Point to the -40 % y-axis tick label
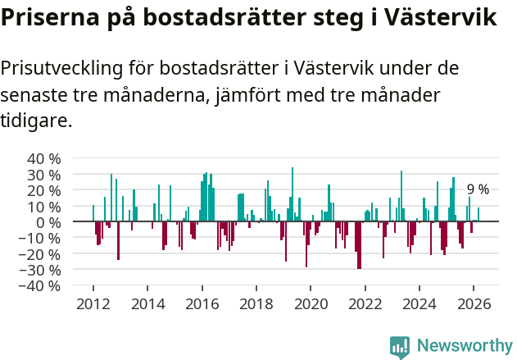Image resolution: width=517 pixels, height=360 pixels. coord(40,285)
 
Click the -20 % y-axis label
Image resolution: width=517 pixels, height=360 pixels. coord(40,254)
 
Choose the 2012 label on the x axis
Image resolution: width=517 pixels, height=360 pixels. coord(93,303)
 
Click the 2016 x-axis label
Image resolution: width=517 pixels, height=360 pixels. coord(202,303)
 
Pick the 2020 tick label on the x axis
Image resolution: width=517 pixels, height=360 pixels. coord(311,303)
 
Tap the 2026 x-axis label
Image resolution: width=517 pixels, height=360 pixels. coord(474,303)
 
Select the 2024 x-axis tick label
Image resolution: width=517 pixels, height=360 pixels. coord(419,303)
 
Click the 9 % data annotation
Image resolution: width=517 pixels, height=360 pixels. coord(478,189)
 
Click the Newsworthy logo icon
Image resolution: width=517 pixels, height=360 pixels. coord(400,346)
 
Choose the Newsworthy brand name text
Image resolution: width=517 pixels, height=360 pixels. coord(464,346)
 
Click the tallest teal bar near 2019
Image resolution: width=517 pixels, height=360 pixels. coord(293,194)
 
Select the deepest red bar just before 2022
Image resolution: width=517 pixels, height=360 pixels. coord(359,245)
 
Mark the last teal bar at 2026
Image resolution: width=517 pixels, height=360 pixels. coord(478,215)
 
